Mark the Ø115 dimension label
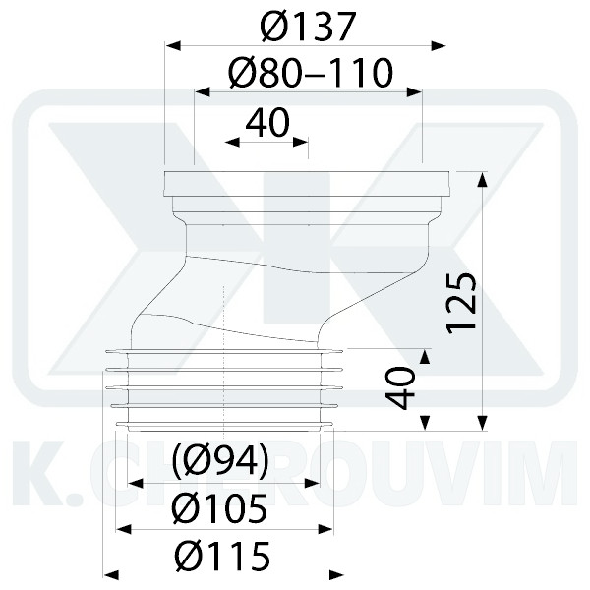point(221,558)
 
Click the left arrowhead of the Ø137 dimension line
point(170,44)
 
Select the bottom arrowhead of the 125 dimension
point(482,424)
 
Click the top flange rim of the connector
point(308,180)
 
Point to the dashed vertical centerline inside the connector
point(225,324)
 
